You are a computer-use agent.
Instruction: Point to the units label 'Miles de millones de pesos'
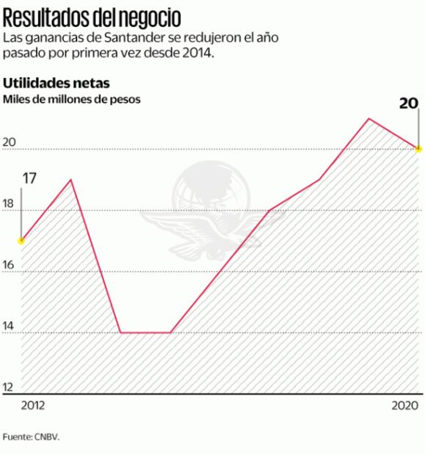[x=72, y=98]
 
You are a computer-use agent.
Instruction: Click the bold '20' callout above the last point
[x=409, y=103]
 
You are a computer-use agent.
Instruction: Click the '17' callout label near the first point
[x=29, y=178]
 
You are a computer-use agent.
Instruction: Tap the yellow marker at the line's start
[x=21, y=241]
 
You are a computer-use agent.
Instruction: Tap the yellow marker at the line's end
[x=418, y=149]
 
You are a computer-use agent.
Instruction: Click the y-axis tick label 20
[x=9, y=143]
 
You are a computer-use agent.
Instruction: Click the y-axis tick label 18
[x=9, y=204]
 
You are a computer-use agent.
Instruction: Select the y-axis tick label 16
[x=9, y=265]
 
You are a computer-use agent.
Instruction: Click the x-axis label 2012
[x=33, y=405]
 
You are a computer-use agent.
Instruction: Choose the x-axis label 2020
[x=405, y=405]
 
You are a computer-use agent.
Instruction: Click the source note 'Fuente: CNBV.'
[x=30, y=436]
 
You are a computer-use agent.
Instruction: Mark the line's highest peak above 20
[x=368, y=118]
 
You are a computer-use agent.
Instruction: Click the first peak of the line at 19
[x=71, y=180]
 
